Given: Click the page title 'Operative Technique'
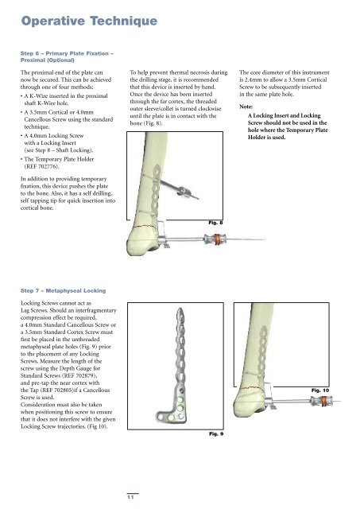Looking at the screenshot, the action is coord(89,21).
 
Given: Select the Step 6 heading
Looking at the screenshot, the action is coord(67,56).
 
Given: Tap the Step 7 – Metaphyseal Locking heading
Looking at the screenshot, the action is coord(64,290).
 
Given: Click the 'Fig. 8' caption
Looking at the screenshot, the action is coord(215,223).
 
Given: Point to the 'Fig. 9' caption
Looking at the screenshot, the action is coord(216,433).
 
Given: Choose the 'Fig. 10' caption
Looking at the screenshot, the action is coord(320,390).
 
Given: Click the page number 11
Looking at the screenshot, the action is coord(130,497).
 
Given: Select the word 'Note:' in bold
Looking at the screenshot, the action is coord(246,107).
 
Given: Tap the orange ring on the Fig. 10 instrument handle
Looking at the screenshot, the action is coord(323,402).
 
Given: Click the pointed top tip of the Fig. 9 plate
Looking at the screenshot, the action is coord(180,309).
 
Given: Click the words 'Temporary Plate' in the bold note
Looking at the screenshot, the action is coord(307,130).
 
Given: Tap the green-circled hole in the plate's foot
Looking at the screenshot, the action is coord(171,418).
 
